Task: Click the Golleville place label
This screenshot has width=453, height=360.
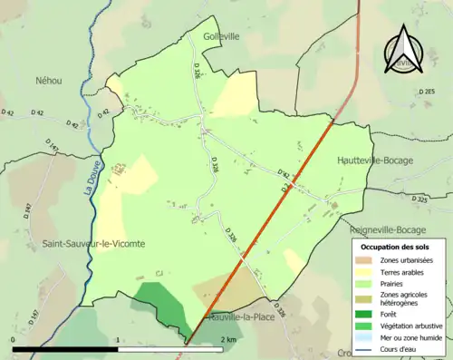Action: [x=221, y=36]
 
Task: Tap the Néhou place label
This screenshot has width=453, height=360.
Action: [x=49, y=81]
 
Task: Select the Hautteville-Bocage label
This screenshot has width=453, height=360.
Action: [x=374, y=161]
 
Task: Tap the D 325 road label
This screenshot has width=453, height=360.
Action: [x=419, y=199]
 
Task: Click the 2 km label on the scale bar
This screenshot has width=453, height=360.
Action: [x=230, y=339]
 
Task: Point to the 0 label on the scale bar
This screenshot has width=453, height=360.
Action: [x=14, y=339]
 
